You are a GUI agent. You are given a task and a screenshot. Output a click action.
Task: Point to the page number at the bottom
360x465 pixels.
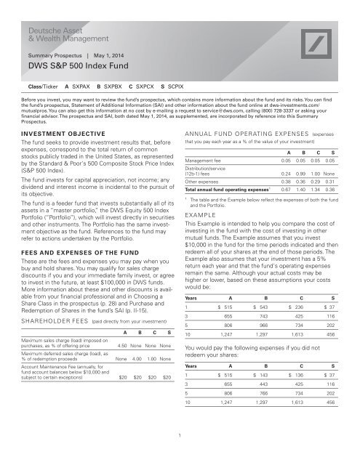point(180,456)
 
